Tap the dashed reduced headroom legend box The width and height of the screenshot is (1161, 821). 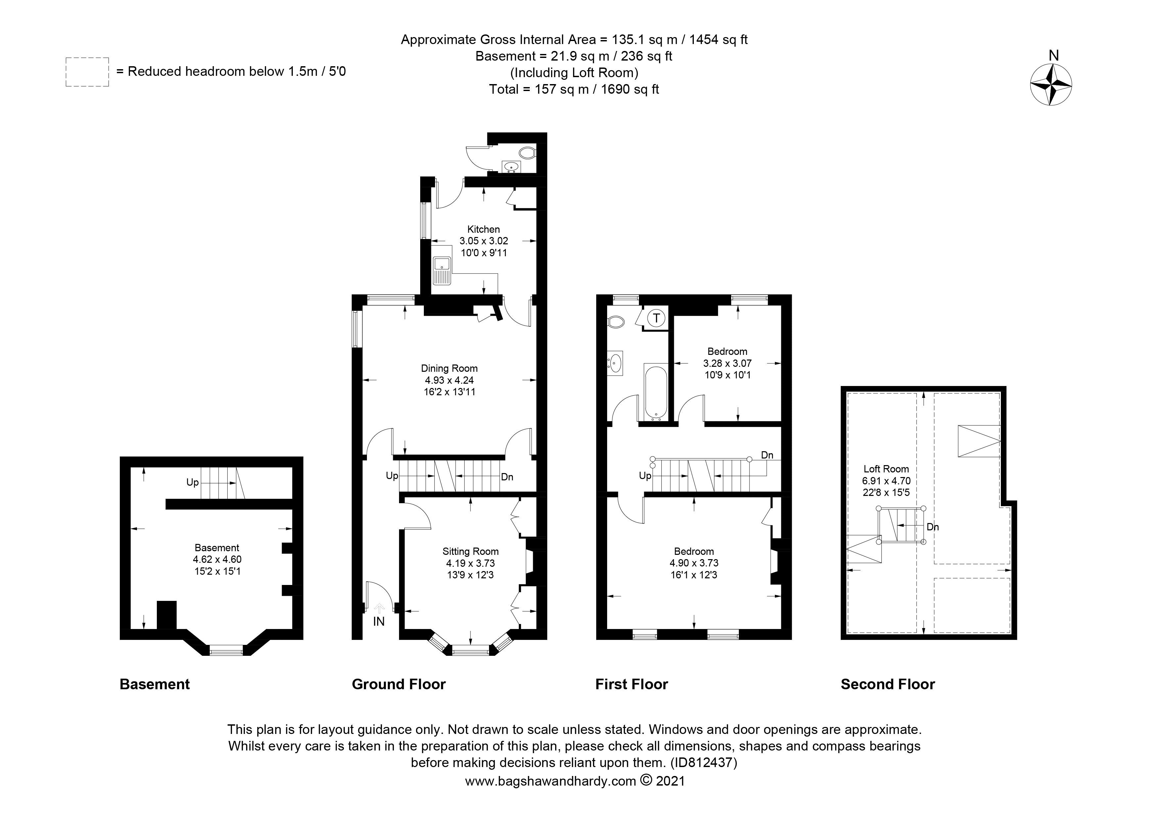(87, 72)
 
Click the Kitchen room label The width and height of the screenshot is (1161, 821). (483, 229)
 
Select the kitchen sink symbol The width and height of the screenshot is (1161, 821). (442, 270)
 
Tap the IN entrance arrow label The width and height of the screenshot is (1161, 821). (379, 622)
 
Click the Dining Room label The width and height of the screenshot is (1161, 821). (449, 368)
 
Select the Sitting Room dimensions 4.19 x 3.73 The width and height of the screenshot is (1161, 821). (470, 563)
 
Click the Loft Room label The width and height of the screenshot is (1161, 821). (886, 469)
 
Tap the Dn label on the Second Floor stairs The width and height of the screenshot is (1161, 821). (932, 527)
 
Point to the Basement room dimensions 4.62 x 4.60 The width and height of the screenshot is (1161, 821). (217, 559)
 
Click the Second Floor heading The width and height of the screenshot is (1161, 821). (887, 684)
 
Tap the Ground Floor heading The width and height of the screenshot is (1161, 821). (398, 684)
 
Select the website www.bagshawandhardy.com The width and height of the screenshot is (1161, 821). (550, 781)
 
